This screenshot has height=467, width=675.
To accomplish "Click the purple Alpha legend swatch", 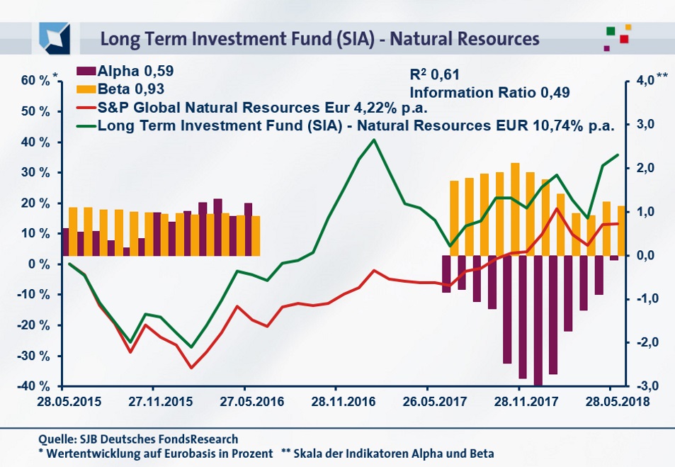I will point(87,71).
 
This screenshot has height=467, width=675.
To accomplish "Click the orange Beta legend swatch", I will point(87,89).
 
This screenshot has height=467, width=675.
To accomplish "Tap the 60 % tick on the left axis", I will point(35,81).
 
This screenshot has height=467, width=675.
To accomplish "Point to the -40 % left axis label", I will point(35,386).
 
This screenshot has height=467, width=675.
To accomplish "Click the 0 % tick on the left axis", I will point(40,264).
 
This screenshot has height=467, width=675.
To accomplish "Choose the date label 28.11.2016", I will point(336,400).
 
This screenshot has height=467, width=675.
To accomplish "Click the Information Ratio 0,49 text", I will point(490,92).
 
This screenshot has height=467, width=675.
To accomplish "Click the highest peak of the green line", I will point(374,140).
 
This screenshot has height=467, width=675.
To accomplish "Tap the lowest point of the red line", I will point(191,368).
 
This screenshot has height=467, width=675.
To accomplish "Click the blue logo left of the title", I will point(55,37).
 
